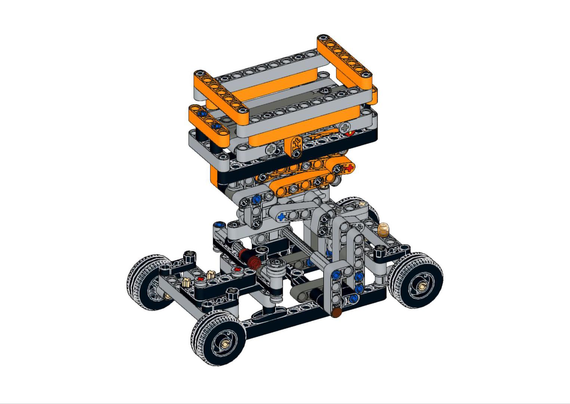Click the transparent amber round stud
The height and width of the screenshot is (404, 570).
pos(383,229)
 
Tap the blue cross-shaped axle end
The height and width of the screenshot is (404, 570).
pos(281,217)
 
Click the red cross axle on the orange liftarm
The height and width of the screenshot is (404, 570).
pos(349,168)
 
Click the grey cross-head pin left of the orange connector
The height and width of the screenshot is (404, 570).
pos(270,150)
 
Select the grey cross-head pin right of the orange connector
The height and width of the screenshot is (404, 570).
pos(344,127)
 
